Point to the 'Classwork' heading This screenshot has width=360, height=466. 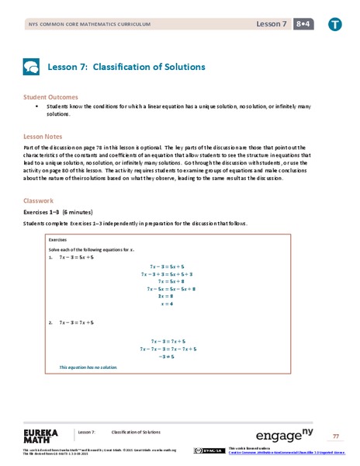coord(40,200)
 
